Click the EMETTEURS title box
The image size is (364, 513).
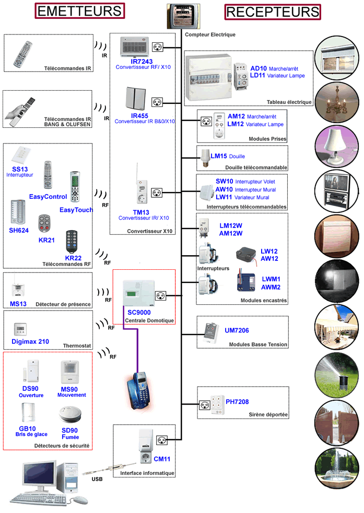tap(80, 11)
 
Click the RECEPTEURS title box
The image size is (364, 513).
tap(273, 11)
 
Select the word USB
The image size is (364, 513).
tap(97, 479)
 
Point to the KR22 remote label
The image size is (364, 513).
tap(73, 258)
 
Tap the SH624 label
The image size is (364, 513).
tap(19, 230)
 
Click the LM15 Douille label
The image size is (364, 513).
tap(227, 156)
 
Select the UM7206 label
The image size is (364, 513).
tap(237, 331)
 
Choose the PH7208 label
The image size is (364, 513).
tap(237, 402)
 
